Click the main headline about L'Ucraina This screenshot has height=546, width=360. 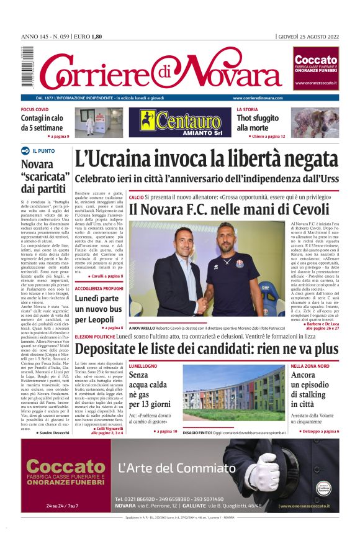[x=206, y=160]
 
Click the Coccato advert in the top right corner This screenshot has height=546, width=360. [x=315, y=70]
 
